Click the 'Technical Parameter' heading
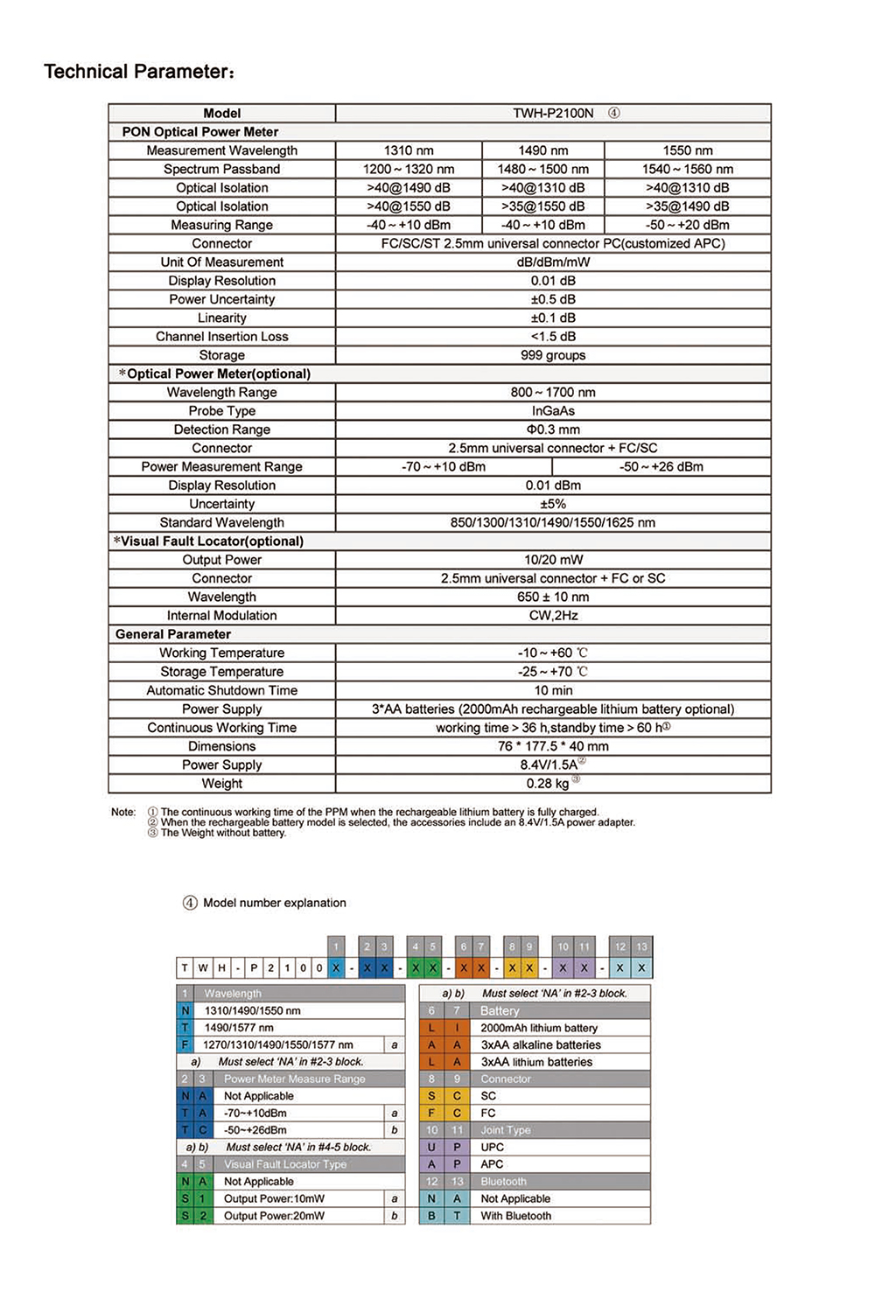[139, 72]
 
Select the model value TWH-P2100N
[553, 113]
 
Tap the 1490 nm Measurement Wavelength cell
[542, 150]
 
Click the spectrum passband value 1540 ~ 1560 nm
[688, 169]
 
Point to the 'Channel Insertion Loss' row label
[221, 337]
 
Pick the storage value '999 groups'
[553, 355]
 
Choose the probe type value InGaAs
[553, 411]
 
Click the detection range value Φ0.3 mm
[553, 430]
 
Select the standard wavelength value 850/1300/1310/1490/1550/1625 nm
[553, 522]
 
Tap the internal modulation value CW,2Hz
[553, 616]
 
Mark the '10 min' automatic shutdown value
[553, 690]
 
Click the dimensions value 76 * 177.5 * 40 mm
[553, 746]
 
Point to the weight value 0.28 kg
[548, 784]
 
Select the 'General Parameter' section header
[173, 634]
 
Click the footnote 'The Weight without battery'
[223, 833]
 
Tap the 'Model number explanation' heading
[274, 903]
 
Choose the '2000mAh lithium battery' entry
[539, 1028]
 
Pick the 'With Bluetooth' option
[516, 1216]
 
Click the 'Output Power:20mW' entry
[274, 1216]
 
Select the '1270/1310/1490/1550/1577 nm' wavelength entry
[278, 1044]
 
